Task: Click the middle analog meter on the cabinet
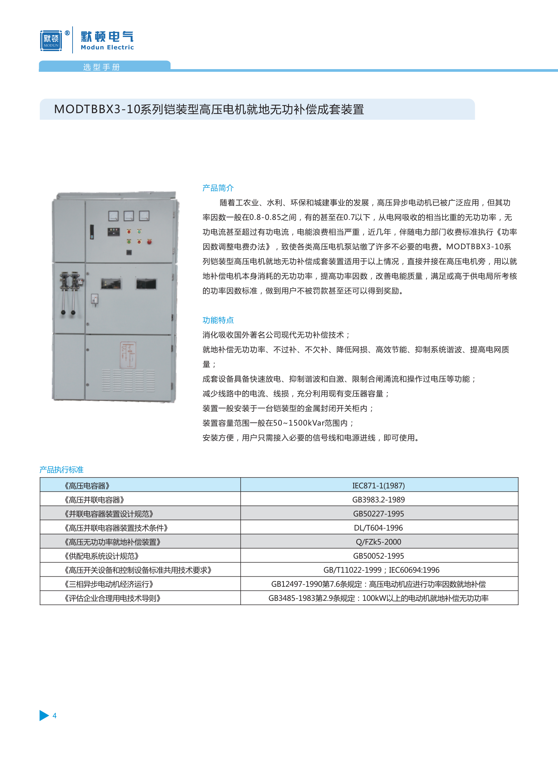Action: (129, 216)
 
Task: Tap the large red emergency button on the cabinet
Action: (149, 241)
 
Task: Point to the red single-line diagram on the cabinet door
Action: (128, 355)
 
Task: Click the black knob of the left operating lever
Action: (63, 312)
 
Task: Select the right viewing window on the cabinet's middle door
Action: (146, 284)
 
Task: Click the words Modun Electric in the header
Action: (107, 47)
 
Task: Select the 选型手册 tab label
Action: (101, 67)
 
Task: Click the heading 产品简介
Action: (218, 188)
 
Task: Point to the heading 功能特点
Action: (218, 320)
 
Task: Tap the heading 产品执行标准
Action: (62, 469)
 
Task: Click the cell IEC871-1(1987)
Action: (378, 486)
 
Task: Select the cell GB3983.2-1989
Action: (378, 500)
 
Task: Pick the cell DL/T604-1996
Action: (378, 528)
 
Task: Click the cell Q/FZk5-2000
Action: (378, 542)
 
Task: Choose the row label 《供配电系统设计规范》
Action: (102, 556)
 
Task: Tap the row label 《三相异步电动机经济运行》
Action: (109, 584)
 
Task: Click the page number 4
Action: (55, 716)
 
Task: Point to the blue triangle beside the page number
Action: (44, 716)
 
